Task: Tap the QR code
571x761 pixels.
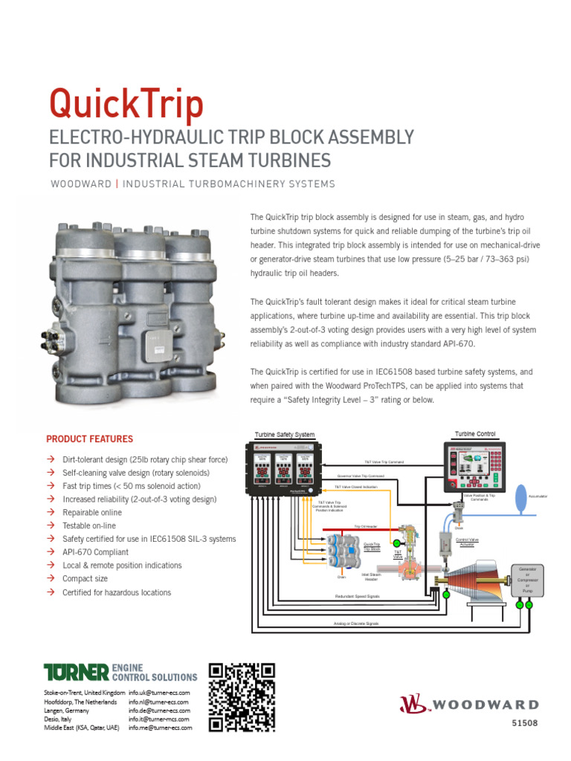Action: tap(242, 696)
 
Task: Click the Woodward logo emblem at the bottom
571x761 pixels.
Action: tap(415, 705)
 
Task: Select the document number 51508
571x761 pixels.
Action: tap(525, 723)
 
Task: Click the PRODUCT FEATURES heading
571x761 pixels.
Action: tap(90, 439)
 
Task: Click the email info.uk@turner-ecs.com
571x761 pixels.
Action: tap(159, 693)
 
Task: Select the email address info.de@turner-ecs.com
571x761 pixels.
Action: tap(159, 710)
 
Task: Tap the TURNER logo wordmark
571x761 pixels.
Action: tap(77, 673)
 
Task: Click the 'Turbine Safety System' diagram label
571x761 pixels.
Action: tap(285, 435)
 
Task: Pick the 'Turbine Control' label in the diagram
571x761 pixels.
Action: tap(475, 434)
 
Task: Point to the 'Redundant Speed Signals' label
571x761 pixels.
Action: tap(358, 596)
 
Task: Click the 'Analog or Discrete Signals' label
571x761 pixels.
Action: tap(358, 624)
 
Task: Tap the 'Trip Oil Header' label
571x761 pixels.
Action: tap(365, 527)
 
